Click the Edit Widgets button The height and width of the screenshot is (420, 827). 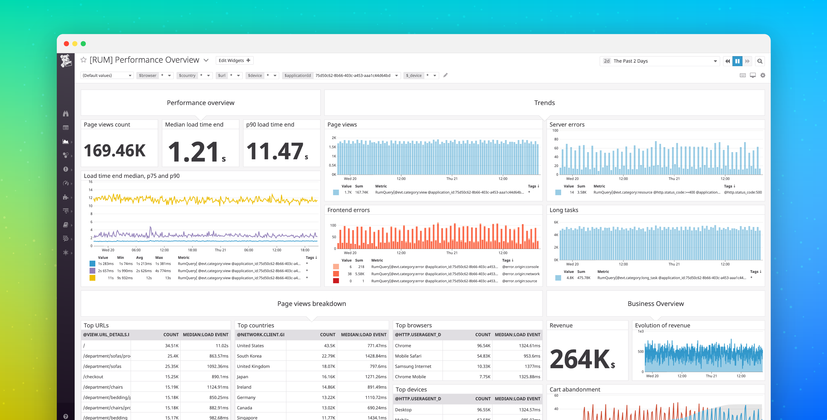[x=234, y=60]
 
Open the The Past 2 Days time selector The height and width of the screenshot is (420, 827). [x=660, y=61]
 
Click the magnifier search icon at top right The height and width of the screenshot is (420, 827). [x=760, y=61]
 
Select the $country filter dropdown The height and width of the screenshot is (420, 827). [x=194, y=76]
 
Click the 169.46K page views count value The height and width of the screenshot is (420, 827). [x=115, y=151]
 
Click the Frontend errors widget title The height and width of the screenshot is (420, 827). [x=348, y=210]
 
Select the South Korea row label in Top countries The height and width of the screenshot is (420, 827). [x=249, y=356]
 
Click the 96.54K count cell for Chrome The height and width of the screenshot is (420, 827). [x=484, y=346]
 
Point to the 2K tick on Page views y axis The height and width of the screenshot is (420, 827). [x=334, y=138]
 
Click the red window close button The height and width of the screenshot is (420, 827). [x=66, y=44]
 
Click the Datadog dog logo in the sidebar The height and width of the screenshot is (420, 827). [x=66, y=61]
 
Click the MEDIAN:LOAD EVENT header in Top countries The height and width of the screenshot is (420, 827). [x=363, y=335]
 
